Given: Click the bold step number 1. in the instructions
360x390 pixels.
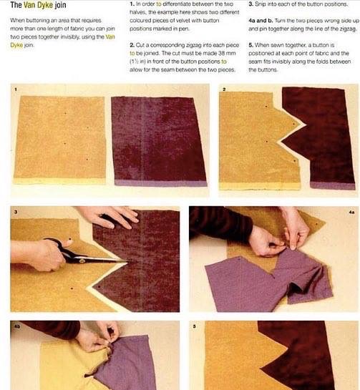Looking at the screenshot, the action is pyautogui.click(x=132, y=4).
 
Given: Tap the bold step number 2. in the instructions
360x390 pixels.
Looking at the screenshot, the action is pyautogui.click(x=132, y=45).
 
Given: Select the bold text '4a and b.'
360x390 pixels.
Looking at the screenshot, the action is pyautogui.click(x=261, y=21).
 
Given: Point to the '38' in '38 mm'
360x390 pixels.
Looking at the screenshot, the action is pyautogui.click(x=221, y=53).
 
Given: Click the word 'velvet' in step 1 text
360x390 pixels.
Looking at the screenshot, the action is pyautogui.click(x=182, y=21).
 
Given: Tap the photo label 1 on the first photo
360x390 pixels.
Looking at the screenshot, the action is pyautogui.click(x=16, y=89).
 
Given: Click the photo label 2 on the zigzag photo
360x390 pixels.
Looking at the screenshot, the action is pyautogui.click(x=224, y=89).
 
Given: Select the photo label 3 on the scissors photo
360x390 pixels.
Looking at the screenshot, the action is pyautogui.click(x=16, y=212).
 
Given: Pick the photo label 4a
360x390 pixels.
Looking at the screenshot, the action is pyautogui.click(x=351, y=212).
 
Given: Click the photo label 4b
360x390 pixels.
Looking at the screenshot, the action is pyautogui.click(x=17, y=326).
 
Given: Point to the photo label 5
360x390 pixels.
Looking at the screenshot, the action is pyautogui.click(x=194, y=326).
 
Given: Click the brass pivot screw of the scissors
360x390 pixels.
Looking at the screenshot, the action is pyautogui.click(x=82, y=260).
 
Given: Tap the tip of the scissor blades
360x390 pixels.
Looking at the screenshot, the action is pyautogui.click(x=127, y=261).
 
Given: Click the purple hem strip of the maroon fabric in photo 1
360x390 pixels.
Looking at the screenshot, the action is pyautogui.click(x=161, y=183).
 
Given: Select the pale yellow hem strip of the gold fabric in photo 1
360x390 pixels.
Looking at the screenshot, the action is pyautogui.click(x=59, y=181).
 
